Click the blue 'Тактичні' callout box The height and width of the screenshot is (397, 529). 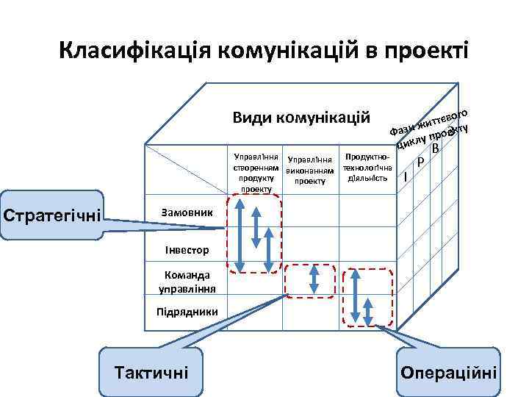click(x=151, y=372)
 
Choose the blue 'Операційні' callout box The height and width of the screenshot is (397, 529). click(x=447, y=371)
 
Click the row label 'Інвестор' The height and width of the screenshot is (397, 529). click(x=180, y=250)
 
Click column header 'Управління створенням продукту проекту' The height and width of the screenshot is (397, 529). click(x=255, y=173)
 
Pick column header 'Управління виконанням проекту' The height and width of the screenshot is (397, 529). click(x=310, y=170)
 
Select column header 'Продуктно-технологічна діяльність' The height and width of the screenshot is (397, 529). click(x=367, y=168)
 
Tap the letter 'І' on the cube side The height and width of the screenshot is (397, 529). click(x=406, y=176)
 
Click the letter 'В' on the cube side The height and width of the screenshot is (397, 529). click(x=436, y=150)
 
